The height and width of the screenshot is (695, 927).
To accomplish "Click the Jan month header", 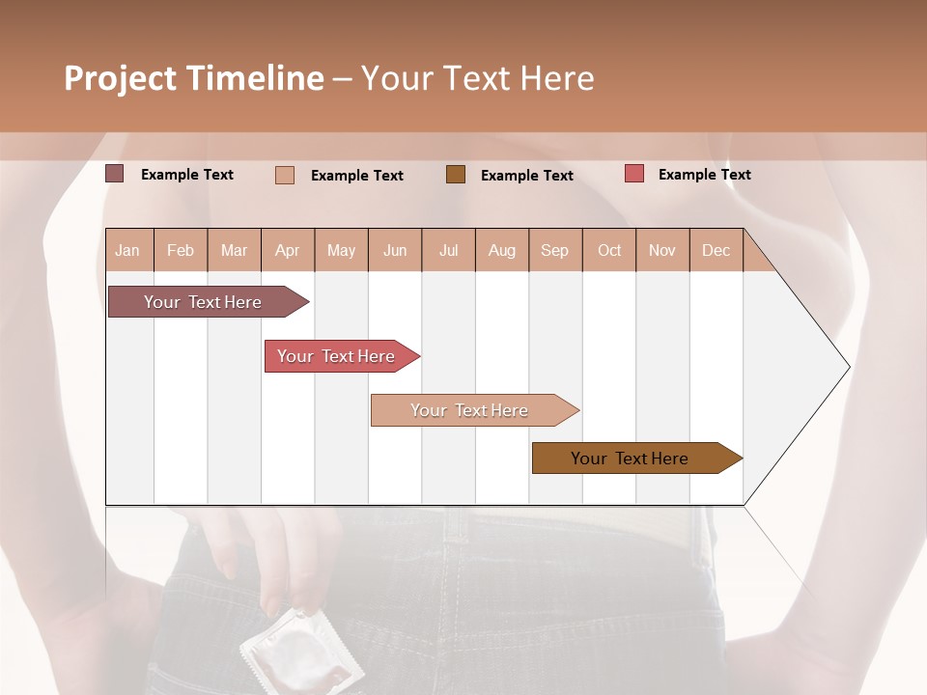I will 127,250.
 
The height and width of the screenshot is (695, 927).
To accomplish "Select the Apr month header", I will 288,250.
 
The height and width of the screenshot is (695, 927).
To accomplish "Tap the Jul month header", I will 448,250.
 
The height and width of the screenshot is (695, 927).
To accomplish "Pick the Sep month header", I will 554,250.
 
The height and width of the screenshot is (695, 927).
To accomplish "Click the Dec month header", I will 716,250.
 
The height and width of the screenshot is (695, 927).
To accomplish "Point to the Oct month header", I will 609,250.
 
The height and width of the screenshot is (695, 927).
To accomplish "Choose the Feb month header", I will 181,250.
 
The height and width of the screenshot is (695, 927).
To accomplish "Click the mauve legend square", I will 114,174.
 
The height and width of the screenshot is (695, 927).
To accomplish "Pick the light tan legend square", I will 284,175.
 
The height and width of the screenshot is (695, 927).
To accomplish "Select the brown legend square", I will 456,174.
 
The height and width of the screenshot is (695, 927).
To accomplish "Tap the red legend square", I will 633,174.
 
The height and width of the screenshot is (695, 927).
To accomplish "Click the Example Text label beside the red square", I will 704,175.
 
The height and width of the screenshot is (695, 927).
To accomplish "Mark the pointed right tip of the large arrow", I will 848,367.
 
